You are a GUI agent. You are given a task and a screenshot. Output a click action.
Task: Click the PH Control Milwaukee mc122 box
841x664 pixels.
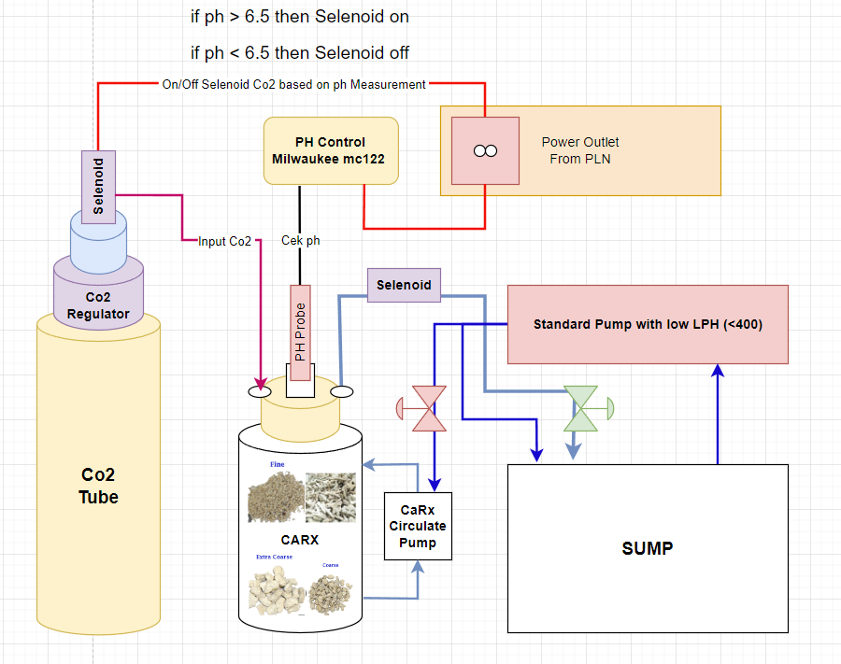point(331,151)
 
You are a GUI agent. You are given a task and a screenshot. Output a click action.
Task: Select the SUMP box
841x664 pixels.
point(648,548)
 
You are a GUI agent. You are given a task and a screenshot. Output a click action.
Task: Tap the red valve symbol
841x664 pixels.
point(430,409)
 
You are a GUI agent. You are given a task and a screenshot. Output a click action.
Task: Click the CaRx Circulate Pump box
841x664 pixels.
point(418,526)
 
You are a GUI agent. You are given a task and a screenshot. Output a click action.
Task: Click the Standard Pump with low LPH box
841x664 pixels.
point(648,324)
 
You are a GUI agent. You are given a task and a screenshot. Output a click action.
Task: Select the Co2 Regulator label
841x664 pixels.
point(98,305)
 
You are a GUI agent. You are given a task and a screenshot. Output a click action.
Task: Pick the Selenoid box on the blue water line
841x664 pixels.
point(404,285)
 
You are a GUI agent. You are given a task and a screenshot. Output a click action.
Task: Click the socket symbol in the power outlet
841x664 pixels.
point(485,151)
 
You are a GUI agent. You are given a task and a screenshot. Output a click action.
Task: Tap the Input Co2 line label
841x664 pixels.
point(224,241)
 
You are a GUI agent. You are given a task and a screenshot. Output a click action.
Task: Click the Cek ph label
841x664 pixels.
point(300,240)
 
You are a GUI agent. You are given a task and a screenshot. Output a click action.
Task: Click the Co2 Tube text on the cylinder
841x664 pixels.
point(98,486)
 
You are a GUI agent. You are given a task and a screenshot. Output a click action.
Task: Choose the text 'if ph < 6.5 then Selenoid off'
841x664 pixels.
point(299,52)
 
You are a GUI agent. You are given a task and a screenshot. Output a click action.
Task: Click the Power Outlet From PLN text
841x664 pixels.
point(580,150)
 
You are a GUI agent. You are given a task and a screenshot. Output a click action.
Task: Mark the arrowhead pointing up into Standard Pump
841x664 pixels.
point(718,370)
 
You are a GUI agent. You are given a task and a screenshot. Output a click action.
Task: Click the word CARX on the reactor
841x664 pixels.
point(300,540)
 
